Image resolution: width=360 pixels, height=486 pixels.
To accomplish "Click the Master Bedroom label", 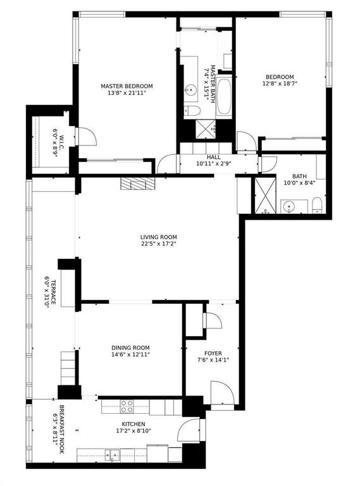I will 127,86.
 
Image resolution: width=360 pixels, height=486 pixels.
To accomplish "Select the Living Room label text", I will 158,237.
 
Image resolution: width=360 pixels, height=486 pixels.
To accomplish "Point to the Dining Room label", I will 130,347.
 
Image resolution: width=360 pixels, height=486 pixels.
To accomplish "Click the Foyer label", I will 213,353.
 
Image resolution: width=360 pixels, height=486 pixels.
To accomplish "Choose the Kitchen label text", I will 133,424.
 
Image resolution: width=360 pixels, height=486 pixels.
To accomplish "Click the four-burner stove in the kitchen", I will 127,406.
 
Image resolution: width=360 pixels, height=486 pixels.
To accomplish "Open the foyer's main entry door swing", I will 221,394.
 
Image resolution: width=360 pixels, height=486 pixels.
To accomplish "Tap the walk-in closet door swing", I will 84,136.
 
